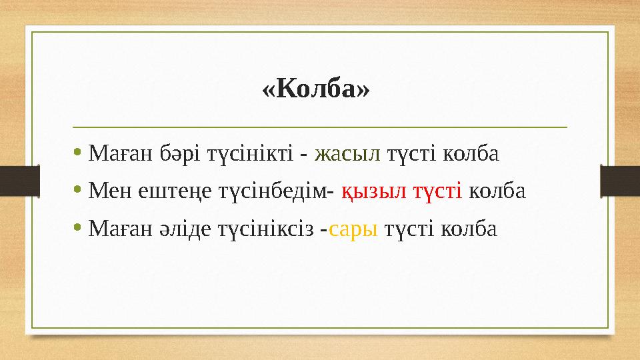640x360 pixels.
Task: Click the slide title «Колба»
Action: tap(315, 89)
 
